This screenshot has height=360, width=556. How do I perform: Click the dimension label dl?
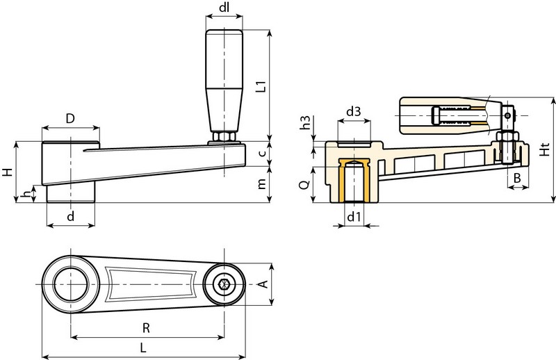pyautogui.click(x=224, y=9)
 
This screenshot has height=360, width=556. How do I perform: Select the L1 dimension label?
pyautogui.click(x=261, y=85)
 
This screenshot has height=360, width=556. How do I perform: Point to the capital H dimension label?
pyautogui.click(x=7, y=172)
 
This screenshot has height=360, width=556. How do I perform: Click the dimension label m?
pyautogui.click(x=261, y=185)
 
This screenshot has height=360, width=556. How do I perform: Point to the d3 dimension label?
pyautogui.click(x=353, y=111)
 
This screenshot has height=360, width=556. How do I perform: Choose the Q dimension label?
pyautogui.click(x=304, y=185)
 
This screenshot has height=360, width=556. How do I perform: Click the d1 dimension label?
pyautogui.click(x=353, y=216)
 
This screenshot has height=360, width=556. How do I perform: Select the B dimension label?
pyautogui.click(x=516, y=179)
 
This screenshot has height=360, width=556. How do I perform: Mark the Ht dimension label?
pyautogui.click(x=546, y=149)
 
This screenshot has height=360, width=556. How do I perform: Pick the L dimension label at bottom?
pyautogui.click(x=143, y=347)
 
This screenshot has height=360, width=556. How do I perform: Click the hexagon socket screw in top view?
pyautogui.click(x=223, y=285)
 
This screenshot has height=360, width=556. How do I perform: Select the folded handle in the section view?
pyautogui.click(x=452, y=114)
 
